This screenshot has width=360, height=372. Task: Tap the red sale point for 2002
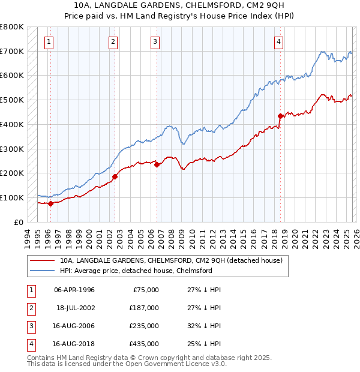click(x=115, y=176)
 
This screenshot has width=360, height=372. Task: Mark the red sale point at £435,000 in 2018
click(x=280, y=116)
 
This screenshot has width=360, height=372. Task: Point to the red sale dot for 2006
click(x=157, y=164)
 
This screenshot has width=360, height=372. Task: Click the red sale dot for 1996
click(x=50, y=203)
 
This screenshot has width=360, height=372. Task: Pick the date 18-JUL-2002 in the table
click(x=75, y=308)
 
